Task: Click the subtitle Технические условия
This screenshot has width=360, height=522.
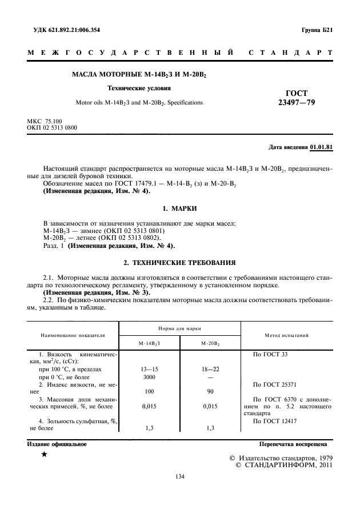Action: [x=139, y=88]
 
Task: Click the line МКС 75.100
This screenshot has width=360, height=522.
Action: [x=45, y=122]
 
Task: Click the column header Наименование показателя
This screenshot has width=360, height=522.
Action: [x=73, y=335]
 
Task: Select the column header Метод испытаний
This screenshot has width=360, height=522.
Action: [x=287, y=335]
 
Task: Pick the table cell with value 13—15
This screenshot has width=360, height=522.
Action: [x=149, y=370]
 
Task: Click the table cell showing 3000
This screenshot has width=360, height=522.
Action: [x=149, y=377]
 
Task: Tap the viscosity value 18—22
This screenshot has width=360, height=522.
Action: [x=210, y=370]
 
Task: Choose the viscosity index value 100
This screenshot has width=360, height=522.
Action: [x=149, y=392]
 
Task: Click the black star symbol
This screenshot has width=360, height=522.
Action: [x=44, y=455]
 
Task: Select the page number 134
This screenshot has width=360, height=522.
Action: [x=179, y=476]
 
